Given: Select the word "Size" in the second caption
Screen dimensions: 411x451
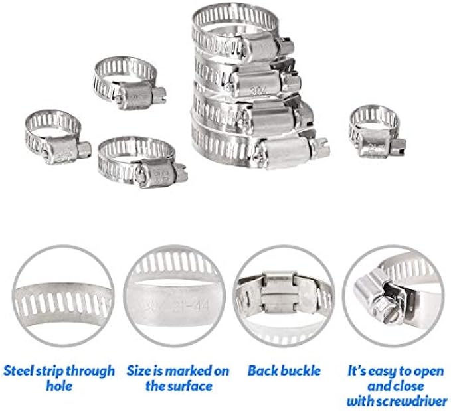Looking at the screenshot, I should coord(139,370).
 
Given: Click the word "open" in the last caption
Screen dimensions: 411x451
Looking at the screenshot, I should coord(428,370).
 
